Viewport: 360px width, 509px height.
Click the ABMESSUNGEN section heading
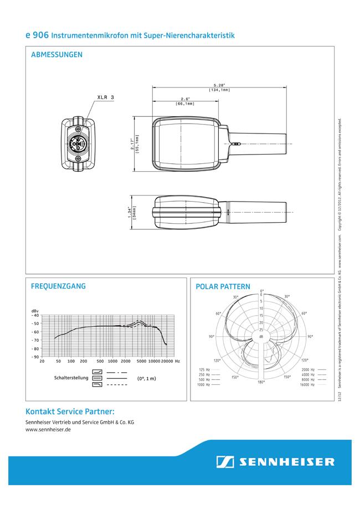click(57, 55)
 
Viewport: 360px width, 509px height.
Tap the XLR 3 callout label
click(105, 97)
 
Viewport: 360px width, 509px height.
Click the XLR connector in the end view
click(79, 145)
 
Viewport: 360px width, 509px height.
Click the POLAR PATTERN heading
click(223, 287)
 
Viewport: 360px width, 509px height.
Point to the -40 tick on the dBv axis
click(35, 315)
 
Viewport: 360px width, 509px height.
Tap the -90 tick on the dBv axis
click(35, 357)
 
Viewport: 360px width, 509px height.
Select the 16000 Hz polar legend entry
click(309, 383)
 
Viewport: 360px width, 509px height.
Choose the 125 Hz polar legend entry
click(204, 369)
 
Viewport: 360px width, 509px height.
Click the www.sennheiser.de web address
click(48, 429)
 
